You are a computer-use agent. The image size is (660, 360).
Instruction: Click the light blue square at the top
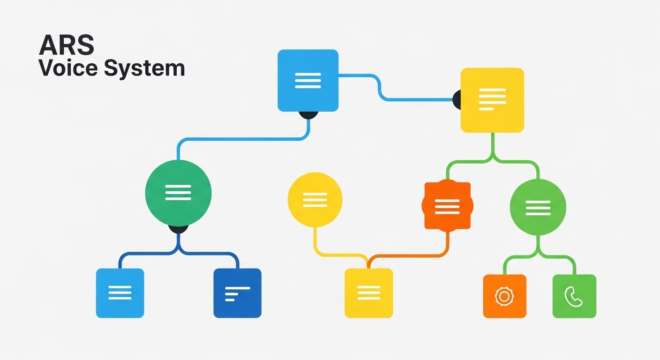click(x=308, y=80)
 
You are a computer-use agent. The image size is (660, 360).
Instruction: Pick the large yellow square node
click(x=492, y=100)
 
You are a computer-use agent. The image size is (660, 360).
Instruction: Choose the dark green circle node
click(x=179, y=193)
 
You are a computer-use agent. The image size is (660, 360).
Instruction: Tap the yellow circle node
click(x=315, y=200)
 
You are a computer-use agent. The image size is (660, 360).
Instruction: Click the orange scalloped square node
click(x=447, y=206)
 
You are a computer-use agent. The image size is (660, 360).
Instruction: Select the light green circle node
click(x=538, y=207)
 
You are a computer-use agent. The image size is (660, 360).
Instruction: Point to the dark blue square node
click(x=237, y=293)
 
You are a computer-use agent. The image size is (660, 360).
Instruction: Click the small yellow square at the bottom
click(x=369, y=293)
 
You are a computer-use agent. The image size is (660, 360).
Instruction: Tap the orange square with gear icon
click(x=504, y=296)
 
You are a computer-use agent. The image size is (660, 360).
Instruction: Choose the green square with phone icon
click(x=574, y=296)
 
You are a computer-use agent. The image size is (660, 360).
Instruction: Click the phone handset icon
click(x=573, y=297)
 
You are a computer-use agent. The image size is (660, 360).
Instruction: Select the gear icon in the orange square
click(x=504, y=296)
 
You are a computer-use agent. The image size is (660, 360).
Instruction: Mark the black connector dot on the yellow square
click(x=457, y=99)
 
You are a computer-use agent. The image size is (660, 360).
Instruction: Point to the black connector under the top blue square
click(x=308, y=115)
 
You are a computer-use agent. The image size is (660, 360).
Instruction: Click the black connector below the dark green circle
click(x=179, y=229)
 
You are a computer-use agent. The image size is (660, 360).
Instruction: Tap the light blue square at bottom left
click(x=120, y=293)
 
